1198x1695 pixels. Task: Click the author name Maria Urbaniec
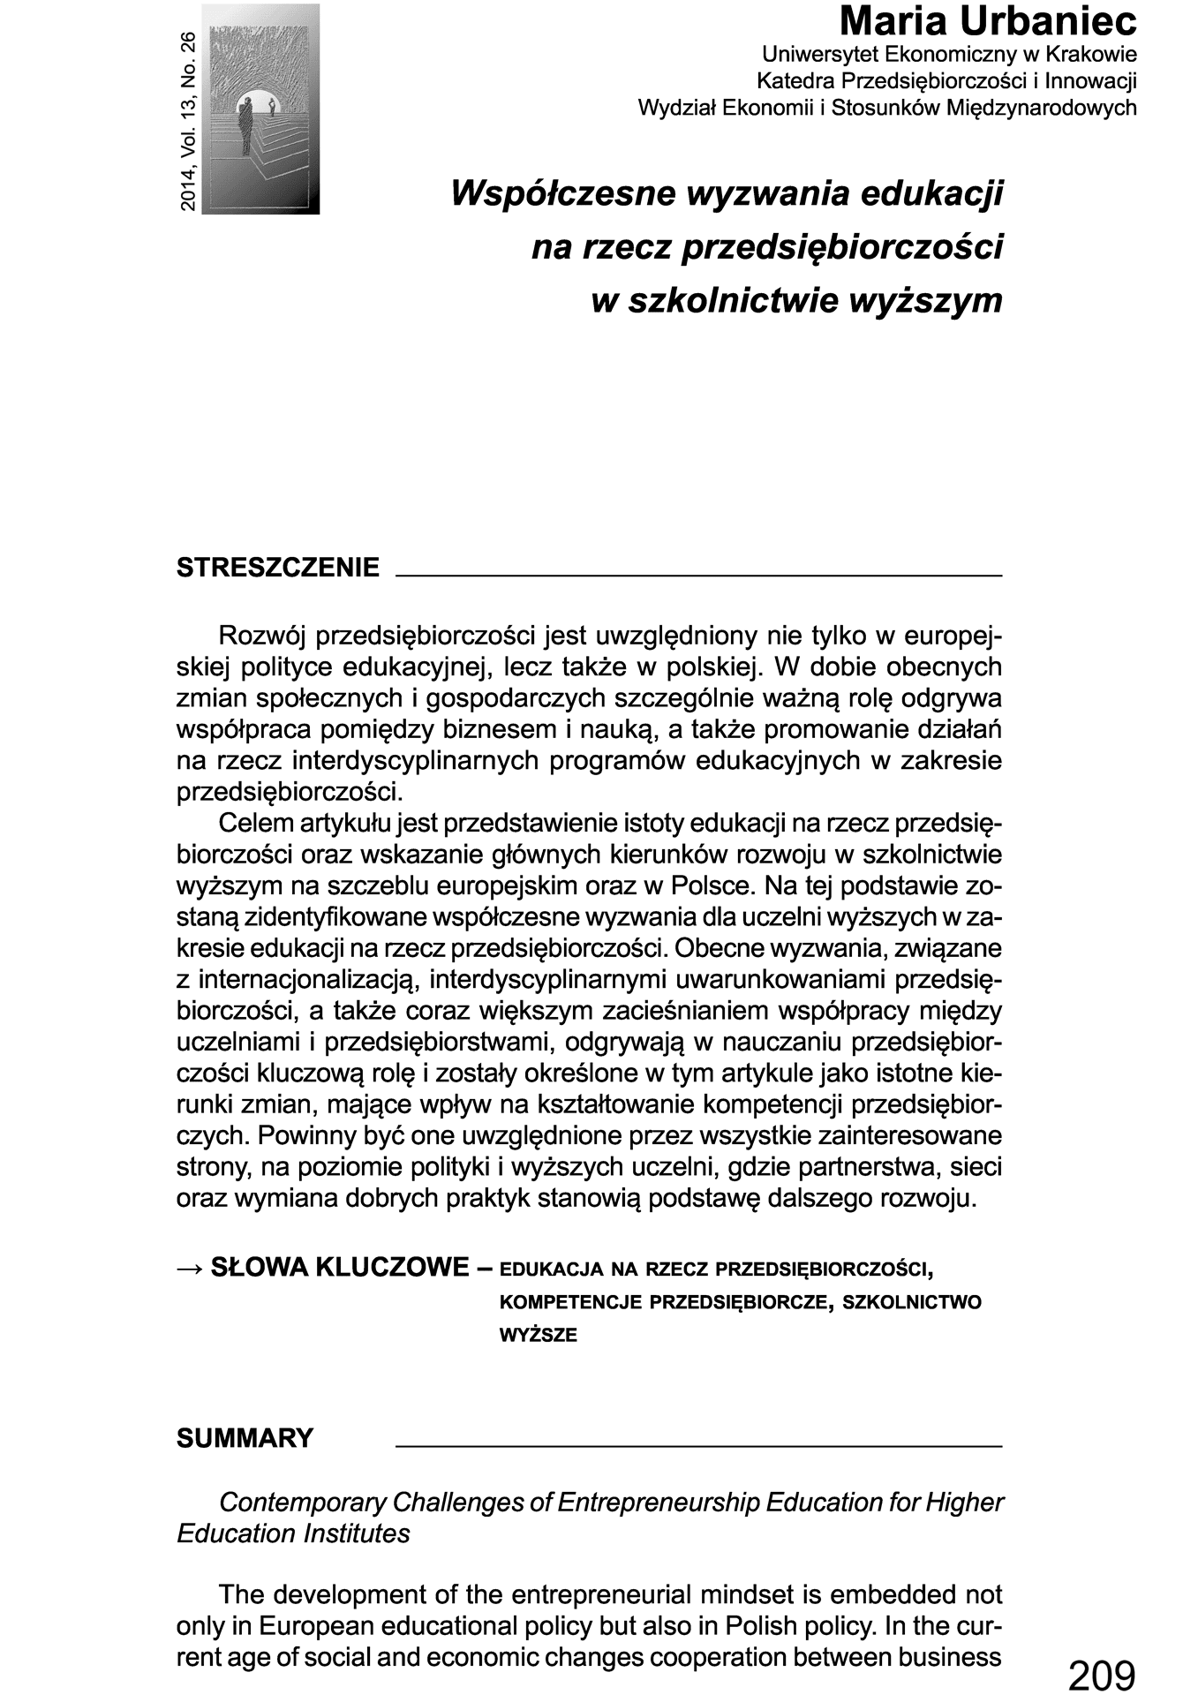[988, 21]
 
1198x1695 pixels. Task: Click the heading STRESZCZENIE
[278, 568]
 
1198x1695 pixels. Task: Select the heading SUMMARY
[245, 1438]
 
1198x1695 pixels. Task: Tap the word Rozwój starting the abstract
[262, 636]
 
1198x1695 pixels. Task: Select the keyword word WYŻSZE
[538, 1336]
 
